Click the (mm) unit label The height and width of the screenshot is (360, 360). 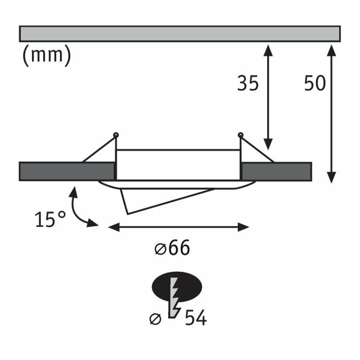47,55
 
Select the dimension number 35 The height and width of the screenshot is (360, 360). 248,83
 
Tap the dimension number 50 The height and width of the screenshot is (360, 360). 315,83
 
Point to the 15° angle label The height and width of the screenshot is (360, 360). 51,219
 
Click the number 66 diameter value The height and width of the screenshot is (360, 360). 179,248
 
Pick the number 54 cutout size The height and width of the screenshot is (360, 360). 196,318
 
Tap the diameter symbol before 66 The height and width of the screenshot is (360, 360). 160,249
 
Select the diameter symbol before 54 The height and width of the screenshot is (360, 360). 156,319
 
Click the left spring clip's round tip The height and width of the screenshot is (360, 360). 116,135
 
